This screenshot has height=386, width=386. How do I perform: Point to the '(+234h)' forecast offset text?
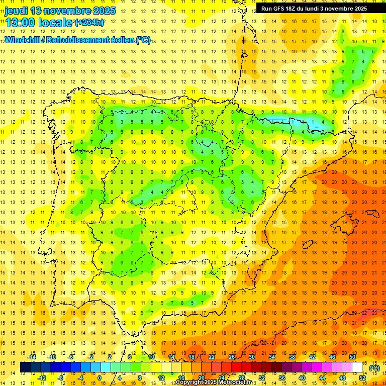click(x=89, y=22)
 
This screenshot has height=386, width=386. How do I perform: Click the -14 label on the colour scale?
click(x=33, y=356)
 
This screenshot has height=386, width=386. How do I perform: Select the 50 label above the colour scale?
click(x=352, y=356)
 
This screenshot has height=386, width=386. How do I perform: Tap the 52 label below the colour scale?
click(x=362, y=378)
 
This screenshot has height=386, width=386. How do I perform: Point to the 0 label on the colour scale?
click(x=100, y=378)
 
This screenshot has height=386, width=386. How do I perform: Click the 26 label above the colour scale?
click(x=232, y=356)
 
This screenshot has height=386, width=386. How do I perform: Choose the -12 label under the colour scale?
click(x=43, y=378)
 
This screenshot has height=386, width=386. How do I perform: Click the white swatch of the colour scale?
click(x=357, y=367)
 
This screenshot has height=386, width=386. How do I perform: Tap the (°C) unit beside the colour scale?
click(x=374, y=368)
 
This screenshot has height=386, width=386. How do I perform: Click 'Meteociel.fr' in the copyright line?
click(x=235, y=382)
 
